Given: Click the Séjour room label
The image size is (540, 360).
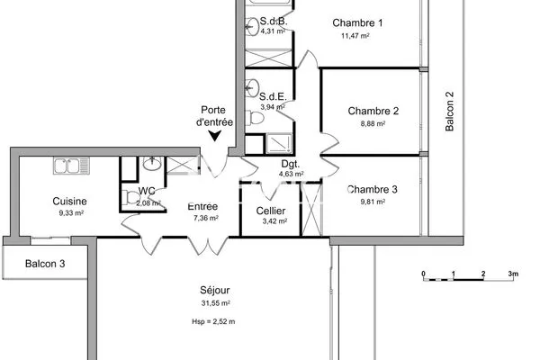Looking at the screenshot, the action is [x=215, y=291].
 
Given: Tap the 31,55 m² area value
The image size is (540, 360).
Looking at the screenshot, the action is [x=216, y=303].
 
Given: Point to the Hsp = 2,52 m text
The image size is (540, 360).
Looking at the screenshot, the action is [x=213, y=322].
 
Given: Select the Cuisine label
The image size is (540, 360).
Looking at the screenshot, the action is [x=69, y=202].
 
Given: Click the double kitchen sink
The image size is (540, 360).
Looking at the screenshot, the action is [x=71, y=166].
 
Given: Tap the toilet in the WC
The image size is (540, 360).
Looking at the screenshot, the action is [x=130, y=198].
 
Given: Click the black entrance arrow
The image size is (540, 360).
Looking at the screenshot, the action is [x=215, y=136].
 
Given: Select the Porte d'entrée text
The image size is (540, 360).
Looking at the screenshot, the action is [x=214, y=116].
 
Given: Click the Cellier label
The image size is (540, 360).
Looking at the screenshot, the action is [x=271, y=211].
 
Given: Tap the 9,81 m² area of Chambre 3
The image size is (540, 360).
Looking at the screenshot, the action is [x=373, y=202].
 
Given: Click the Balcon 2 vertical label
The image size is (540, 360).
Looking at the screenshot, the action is [x=449, y=111].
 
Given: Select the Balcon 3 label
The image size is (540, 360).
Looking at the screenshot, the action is [x=45, y=264].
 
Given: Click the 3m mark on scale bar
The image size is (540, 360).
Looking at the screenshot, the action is [x=513, y=274].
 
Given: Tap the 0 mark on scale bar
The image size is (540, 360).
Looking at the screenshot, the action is [x=423, y=274].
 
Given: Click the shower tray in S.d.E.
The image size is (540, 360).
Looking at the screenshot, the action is [x=279, y=144].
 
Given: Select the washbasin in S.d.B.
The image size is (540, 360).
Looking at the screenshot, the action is [x=252, y=26].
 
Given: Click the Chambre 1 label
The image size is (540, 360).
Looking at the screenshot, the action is [x=357, y=23].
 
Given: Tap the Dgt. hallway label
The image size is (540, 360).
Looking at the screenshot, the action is [x=291, y=164].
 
